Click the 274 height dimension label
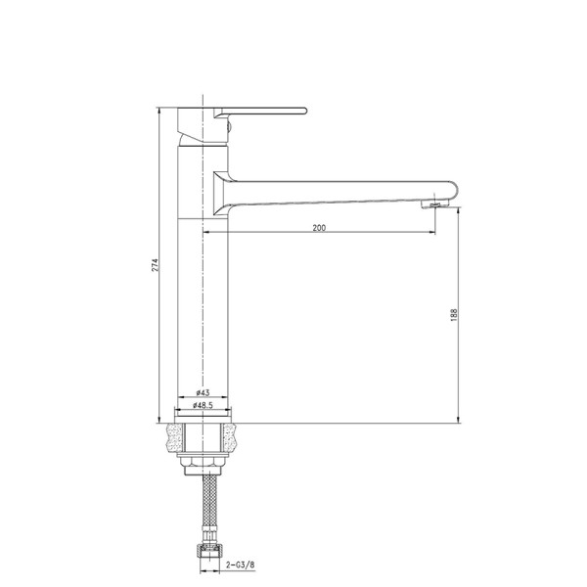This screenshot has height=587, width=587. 155,265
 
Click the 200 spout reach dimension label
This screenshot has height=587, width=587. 319,228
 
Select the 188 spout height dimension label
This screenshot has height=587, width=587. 454,315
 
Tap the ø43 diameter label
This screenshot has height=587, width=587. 203,392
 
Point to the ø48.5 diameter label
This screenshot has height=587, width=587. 203,405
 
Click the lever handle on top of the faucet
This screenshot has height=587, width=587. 260,112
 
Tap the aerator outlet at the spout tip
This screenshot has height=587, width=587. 434,204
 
